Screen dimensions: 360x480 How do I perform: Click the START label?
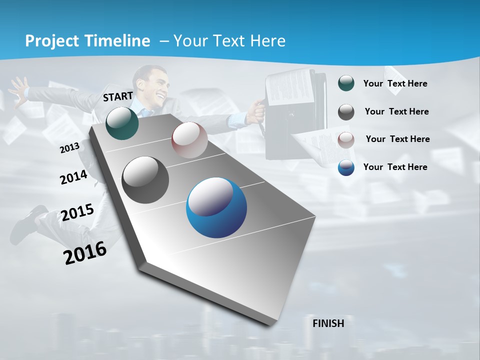click(x=118, y=96)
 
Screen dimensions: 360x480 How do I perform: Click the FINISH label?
click(x=328, y=323)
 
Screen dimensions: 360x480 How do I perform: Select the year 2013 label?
click(x=70, y=147)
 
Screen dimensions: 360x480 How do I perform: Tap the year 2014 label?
click(x=74, y=177)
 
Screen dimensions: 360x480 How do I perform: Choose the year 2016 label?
click(x=85, y=252)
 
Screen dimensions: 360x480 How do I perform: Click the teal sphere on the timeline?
click(x=122, y=123)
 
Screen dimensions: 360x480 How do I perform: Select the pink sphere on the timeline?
click(x=189, y=140)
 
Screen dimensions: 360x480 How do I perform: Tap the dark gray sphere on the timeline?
click(x=145, y=180)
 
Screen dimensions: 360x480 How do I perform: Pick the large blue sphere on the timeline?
click(x=216, y=207)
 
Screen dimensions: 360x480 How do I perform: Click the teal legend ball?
click(x=346, y=83)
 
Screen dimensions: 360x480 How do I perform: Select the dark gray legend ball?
click(x=346, y=112)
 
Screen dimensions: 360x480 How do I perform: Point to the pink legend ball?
click(x=346, y=139)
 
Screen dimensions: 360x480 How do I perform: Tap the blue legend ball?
click(x=346, y=167)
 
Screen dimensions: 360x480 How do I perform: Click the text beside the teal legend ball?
click(x=395, y=83)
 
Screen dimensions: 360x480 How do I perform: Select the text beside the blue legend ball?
click(x=395, y=167)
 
